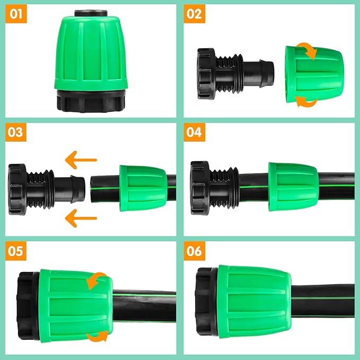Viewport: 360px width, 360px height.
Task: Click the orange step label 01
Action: coord(16,14)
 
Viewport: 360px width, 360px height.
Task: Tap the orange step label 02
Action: coord(195,14)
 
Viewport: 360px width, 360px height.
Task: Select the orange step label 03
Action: coord(16,132)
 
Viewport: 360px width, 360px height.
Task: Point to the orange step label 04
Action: coord(195,132)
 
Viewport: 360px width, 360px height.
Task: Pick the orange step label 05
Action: coord(16,250)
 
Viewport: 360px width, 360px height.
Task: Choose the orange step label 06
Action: coord(195,250)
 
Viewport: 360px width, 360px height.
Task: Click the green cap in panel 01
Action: coord(91,53)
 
